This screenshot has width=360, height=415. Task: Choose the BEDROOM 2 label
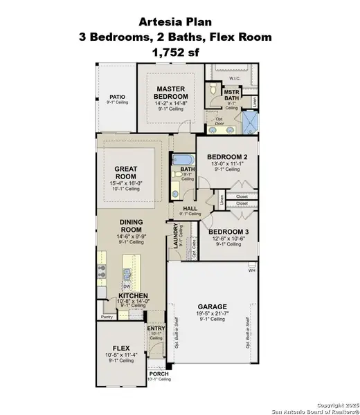pos(226,158)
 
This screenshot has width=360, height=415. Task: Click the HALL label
pos(188,208)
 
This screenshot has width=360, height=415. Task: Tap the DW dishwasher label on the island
pos(127,286)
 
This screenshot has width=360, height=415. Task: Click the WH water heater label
pos(253,270)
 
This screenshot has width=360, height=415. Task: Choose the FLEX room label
pos(122,349)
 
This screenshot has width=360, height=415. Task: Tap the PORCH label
pos(158,374)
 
